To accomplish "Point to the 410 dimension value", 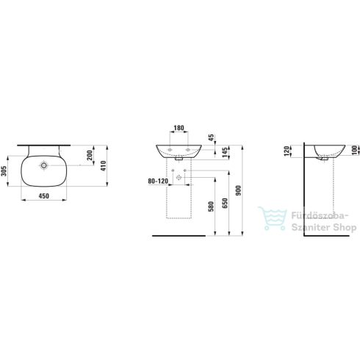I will [104, 165].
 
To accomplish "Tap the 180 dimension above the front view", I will [179, 128].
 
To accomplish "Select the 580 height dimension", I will [211, 208].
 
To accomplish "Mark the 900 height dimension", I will [240, 190].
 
